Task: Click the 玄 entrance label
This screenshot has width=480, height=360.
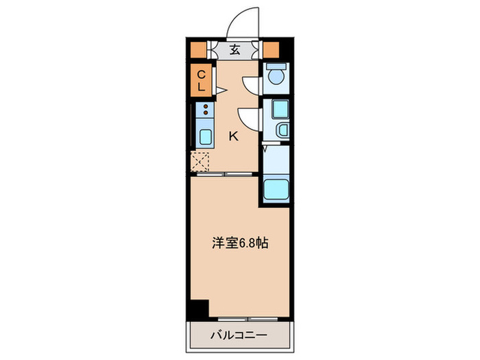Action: pos(235,49)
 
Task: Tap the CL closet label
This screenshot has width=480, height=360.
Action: pos(202,81)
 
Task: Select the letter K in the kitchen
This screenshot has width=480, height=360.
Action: pos(233,136)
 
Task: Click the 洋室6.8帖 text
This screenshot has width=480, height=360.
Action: pos(239,242)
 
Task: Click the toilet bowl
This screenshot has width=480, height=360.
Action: pos(276,76)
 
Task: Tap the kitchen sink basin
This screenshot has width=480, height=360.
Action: pos(205,136)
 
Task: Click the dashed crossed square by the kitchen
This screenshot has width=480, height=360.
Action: pos(201,163)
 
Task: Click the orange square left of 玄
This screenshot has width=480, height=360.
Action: pos(199,49)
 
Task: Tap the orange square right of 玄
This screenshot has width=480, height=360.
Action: pos(270,49)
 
